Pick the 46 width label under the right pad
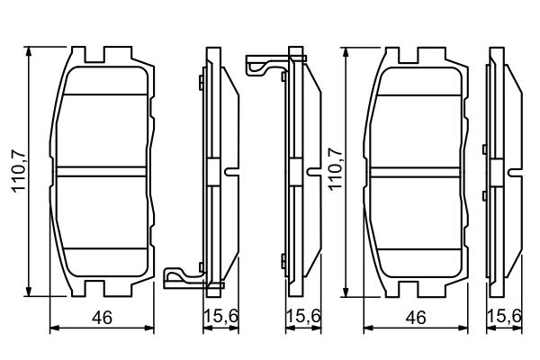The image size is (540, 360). tap(415, 317)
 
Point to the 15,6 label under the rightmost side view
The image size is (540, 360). tap(506, 317)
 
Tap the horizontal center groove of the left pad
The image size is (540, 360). tap(101, 170)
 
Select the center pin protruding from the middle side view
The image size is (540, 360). tap(313, 170)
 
